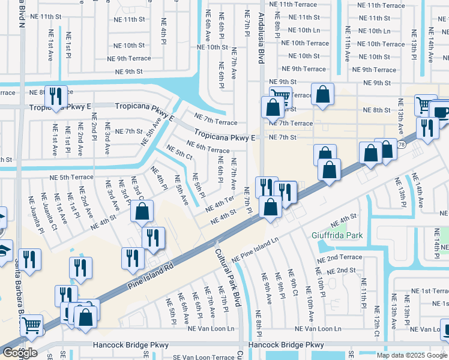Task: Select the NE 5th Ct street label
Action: [179, 154]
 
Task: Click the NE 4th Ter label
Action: [219, 204]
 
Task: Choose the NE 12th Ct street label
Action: [376, 321]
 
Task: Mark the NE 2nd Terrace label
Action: [340, 257]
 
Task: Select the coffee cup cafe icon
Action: [441, 112]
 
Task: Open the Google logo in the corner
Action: [19, 353]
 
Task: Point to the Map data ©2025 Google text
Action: [412, 355]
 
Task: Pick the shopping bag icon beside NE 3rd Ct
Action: [142, 211]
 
